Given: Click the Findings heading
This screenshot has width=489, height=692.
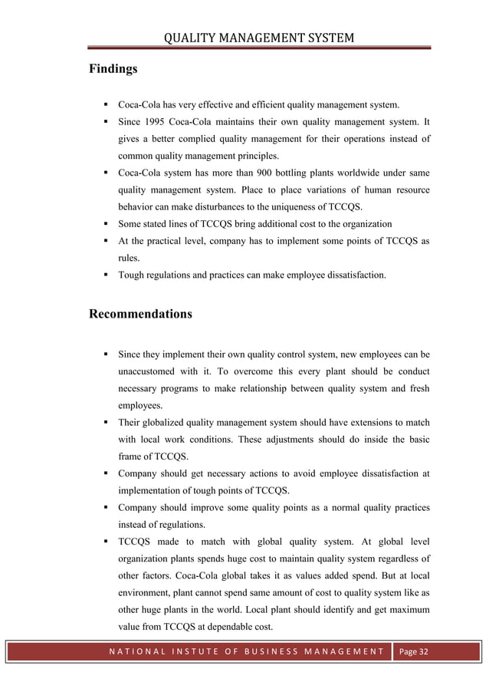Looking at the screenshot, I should pos(113,69).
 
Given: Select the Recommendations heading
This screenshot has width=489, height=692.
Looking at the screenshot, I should pos(141,315).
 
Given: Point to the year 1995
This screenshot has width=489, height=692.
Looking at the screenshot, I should pos(163,121).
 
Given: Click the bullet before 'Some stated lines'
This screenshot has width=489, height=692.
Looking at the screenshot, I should pos(101,224).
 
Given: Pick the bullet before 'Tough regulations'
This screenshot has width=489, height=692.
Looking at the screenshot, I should pos(101,275).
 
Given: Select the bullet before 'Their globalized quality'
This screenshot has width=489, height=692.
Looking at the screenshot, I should pos(101,423).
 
